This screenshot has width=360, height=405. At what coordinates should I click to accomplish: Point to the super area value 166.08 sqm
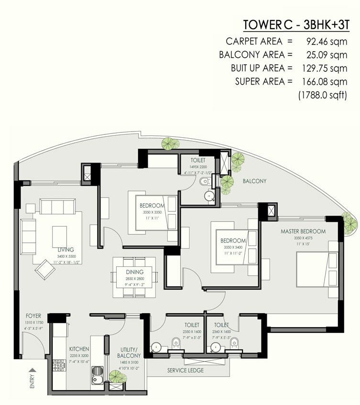321,81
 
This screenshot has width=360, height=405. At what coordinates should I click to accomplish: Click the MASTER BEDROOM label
303,231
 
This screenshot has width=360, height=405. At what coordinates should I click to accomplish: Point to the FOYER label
34,316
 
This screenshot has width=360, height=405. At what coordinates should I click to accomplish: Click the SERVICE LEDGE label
186,371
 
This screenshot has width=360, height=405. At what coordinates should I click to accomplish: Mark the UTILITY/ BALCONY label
129,352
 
